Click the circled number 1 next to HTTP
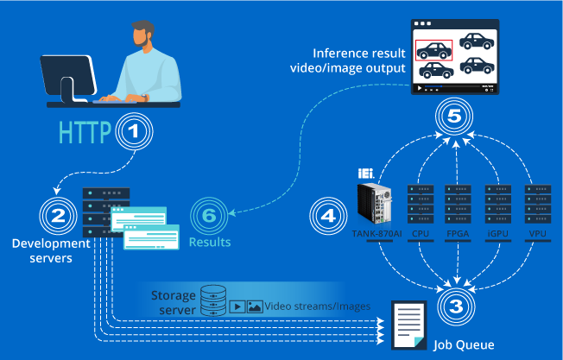[x=134, y=131]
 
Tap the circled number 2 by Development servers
[x=58, y=216]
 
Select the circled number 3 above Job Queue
[x=456, y=306]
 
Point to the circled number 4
[x=328, y=216]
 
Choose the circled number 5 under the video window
[x=454, y=116]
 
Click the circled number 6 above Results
[x=209, y=216]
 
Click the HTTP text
[x=85, y=132]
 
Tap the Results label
[x=210, y=243]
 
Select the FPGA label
[x=458, y=234]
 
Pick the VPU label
[x=537, y=234]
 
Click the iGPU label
[x=497, y=234]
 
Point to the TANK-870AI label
[x=376, y=234]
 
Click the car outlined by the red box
[x=433, y=51]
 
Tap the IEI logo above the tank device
[x=366, y=174]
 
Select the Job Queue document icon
[x=409, y=325]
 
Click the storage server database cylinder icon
[x=213, y=300]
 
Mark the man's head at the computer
[x=143, y=34]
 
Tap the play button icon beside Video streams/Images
[x=237, y=306]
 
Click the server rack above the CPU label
[x=421, y=204]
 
